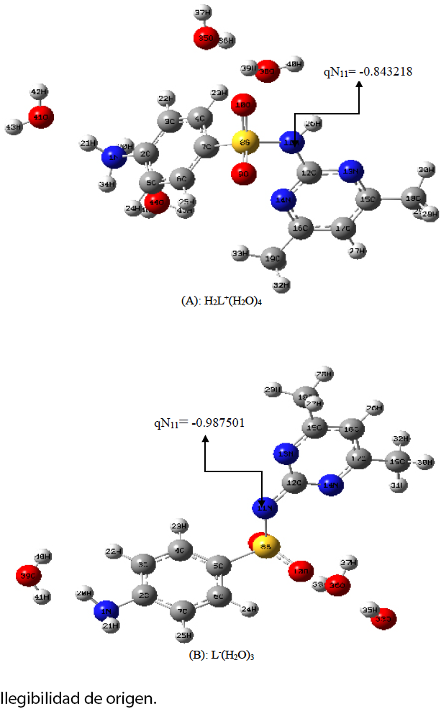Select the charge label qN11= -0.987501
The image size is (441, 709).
199,423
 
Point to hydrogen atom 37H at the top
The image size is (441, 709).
204,14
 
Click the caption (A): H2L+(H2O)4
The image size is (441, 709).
221,302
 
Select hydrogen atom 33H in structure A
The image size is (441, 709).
236,253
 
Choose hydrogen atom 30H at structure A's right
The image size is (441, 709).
427,170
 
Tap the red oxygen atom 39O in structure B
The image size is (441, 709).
28,576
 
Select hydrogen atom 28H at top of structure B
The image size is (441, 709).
325,375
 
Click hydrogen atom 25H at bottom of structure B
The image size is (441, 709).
184,635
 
